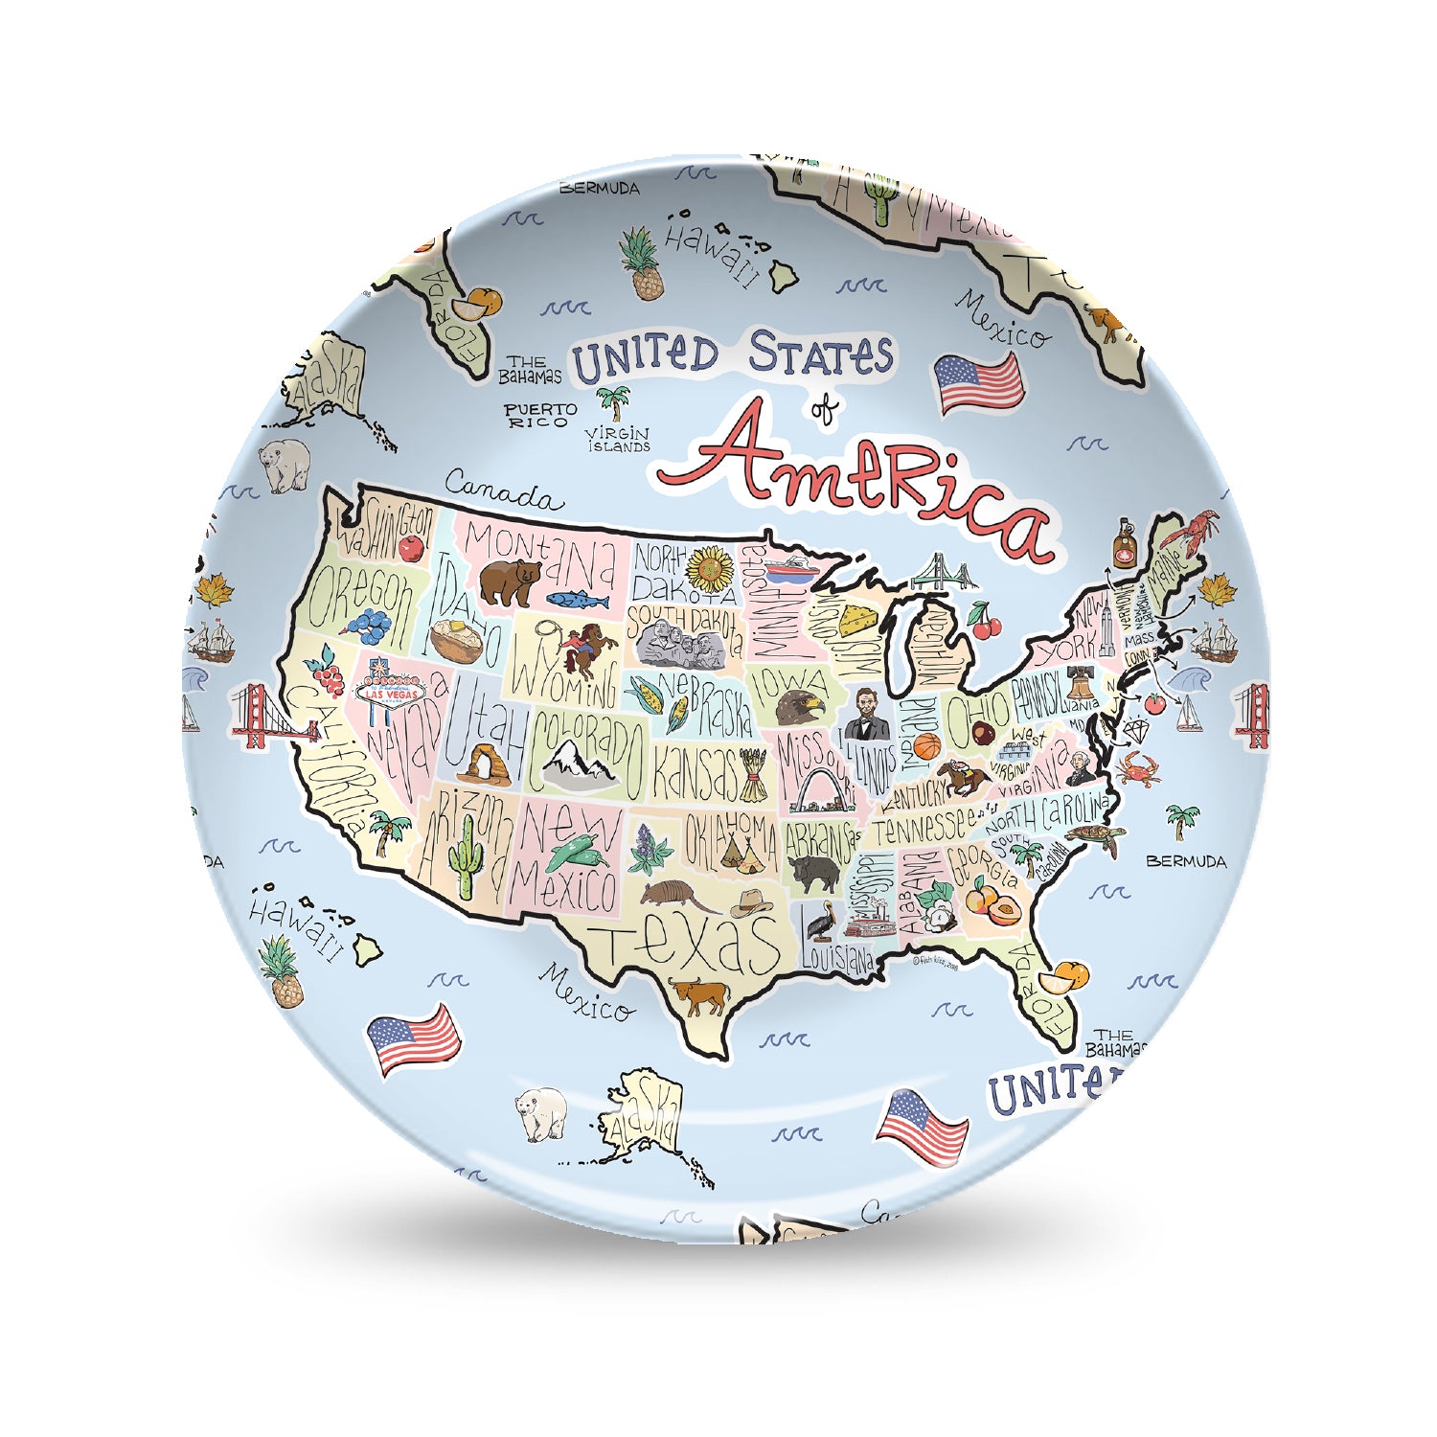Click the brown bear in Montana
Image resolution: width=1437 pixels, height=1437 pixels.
coord(509,582)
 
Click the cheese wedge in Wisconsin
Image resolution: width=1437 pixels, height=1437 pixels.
coord(861,617)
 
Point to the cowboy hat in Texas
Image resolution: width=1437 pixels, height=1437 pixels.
coord(751,903)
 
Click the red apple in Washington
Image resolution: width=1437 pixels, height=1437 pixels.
coord(411,548)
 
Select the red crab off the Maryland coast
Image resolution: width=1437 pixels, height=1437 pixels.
coord(1137,767)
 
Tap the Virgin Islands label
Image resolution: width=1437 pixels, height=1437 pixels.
coord(619,440)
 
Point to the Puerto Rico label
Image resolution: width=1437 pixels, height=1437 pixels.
coord(540,415)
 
